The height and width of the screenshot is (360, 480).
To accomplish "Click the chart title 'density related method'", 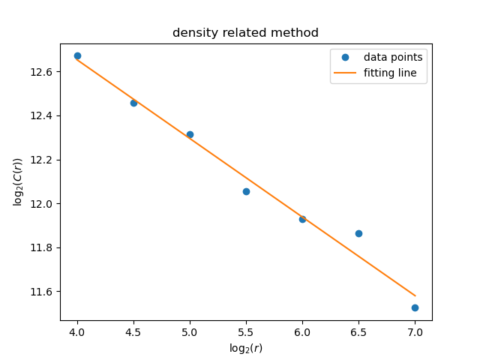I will [x=245, y=33].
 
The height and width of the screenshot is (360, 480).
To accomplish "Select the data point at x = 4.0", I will [x=77, y=55].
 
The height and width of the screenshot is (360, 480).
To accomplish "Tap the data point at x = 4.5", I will [x=133, y=103].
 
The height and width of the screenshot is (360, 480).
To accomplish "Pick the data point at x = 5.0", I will [x=190, y=134].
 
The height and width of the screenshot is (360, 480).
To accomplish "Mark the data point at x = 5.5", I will [x=246, y=191].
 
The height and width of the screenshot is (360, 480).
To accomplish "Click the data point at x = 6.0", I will [x=302, y=219].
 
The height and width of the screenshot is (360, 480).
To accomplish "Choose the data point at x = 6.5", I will [x=358, y=233].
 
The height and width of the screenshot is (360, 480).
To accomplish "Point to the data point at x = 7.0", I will [x=415, y=307].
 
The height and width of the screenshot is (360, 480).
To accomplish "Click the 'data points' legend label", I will [x=393, y=57].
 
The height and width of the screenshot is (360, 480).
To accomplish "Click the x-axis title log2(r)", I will [x=246, y=348].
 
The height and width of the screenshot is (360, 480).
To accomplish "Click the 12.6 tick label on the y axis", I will [x=43, y=72].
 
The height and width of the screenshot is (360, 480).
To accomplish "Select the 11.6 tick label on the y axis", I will [x=43, y=292].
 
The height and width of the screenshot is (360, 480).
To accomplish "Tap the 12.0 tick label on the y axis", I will [x=43, y=204].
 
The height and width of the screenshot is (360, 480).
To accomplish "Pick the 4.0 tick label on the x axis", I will [x=77, y=331].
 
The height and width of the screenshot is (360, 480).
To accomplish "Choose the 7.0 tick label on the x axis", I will [x=415, y=331].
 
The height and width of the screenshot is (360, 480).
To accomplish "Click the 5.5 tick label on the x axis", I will [x=246, y=331].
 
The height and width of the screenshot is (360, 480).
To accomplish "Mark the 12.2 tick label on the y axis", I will [x=43, y=160].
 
